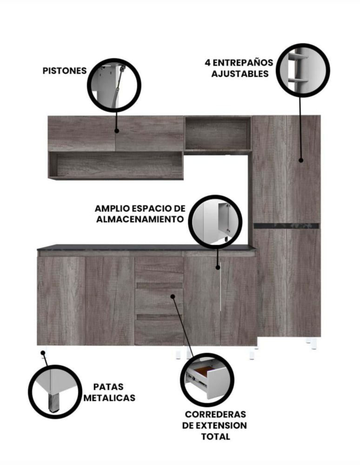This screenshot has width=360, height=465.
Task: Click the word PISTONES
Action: click(x=65, y=71)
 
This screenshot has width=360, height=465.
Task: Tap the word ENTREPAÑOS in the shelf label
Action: click(x=243, y=63)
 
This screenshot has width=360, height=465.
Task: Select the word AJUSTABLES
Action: click(x=240, y=74)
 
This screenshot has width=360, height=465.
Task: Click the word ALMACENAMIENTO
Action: click(x=140, y=219)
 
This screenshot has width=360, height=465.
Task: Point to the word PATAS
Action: click(x=108, y=387)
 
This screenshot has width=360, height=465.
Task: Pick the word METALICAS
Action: click(x=109, y=398)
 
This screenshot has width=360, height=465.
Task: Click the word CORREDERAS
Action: click(x=216, y=414)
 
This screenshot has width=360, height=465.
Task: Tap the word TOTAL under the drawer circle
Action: click(x=216, y=437)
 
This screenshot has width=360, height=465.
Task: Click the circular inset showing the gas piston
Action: click(x=114, y=86)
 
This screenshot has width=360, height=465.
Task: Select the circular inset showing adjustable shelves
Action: click(x=303, y=70)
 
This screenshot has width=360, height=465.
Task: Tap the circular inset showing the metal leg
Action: click(x=55, y=392)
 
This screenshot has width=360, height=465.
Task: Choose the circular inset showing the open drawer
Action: click(x=207, y=380)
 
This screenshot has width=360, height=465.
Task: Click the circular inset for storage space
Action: click(x=215, y=222)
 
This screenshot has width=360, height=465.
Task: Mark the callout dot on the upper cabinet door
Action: click(x=117, y=131)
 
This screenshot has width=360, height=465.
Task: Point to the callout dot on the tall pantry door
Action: click(x=301, y=160)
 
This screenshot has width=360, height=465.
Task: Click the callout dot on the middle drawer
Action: click(x=173, y=296)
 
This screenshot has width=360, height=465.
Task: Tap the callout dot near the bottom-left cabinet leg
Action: click(x=43, y=353)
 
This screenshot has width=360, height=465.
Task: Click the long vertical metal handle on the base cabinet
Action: click(x=221, y=286)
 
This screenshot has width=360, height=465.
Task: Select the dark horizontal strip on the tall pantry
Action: click(x=287, y=226)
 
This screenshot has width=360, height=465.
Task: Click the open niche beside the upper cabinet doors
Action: click(x=218, y=134)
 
